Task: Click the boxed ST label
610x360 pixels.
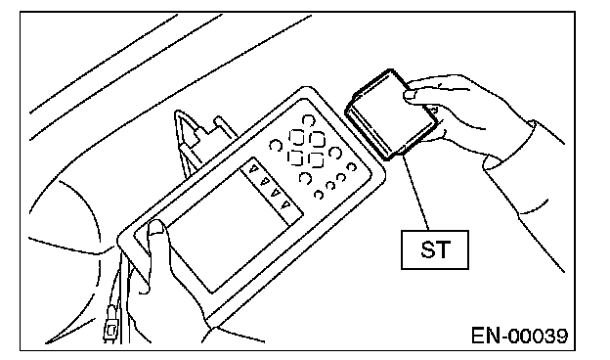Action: pyautogui.click(x=435, y=249)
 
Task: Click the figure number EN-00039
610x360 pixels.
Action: pyautogui.click(x=519, y=336)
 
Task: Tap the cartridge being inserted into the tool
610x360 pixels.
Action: pyautogui.click(x=391, y=114)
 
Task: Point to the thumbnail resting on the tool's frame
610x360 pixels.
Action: pyautogui.click(x=156, y=227)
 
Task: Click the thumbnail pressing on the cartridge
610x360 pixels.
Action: pyautogui.click(x=411, y=94)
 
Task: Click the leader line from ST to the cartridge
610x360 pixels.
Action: pyautogui.click(x=415, y=192)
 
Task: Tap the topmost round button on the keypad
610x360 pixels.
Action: pyautogui.click(x=308, y=120)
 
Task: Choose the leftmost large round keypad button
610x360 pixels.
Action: pyautogui.click(x=276, y=145)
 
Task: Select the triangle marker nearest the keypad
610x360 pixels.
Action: pyautogui.click(x=253, y=169)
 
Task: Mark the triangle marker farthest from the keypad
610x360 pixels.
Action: pyautogui.click(x=285, y=203)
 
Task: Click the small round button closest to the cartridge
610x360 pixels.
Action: pyautogui.click(x=351, y=167)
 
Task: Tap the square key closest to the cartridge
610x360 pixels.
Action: pyautogui.click(x=317, y=139)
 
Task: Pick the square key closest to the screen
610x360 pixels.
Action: pyautogui.click(x=295, y=157)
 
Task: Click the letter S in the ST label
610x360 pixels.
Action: pyautogui.click(x=427, y=249)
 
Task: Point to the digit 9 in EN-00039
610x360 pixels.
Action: pyautogui.click(x=560, y=336)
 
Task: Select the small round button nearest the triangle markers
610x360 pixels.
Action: pyautogui.click(x=319, y=195)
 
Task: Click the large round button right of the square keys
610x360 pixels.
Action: pyautogui.click(x=335, y=153)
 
